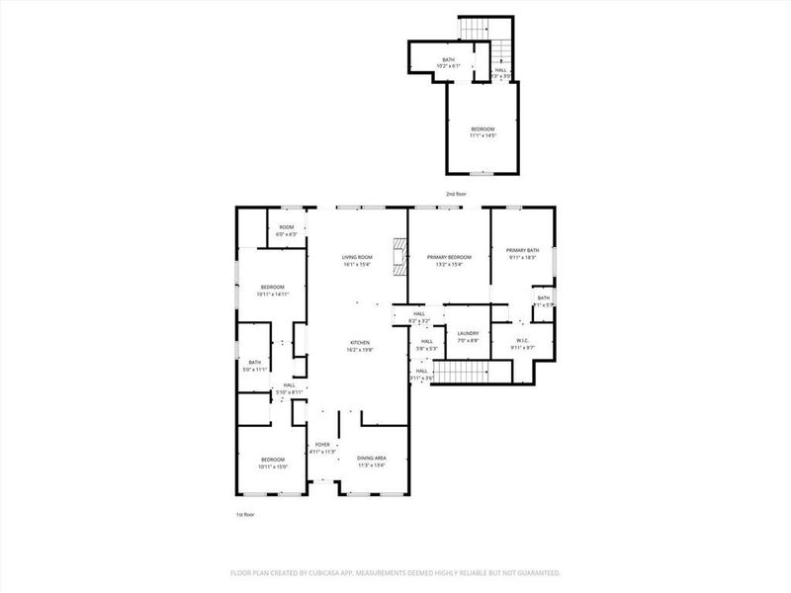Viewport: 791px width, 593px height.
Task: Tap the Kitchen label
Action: [x=358, y=346]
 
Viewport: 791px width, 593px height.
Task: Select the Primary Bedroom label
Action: [x=449, y=260]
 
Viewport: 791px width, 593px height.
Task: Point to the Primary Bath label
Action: [x=522, y=254]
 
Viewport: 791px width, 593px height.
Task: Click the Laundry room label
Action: [x=468, y=336]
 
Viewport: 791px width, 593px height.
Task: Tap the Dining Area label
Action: [x=371, y=460]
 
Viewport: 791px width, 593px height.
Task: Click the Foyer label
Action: [x=322, y=449]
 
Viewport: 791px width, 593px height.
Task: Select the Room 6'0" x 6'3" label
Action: [x=286, y=230]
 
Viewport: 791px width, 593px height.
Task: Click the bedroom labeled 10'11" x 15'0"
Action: [x=272, y=463]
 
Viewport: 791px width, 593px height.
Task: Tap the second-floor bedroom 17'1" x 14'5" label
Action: [x=483, y=132]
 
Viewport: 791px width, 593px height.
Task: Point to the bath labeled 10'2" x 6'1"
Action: [x=449, y=64]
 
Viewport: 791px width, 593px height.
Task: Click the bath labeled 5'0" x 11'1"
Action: [x=255, y=365]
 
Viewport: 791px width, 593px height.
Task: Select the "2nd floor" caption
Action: [x=457, y=194]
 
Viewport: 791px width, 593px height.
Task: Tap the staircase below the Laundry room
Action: [x=464, y=372]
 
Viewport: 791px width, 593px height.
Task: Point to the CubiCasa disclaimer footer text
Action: [x=395, y=572]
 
